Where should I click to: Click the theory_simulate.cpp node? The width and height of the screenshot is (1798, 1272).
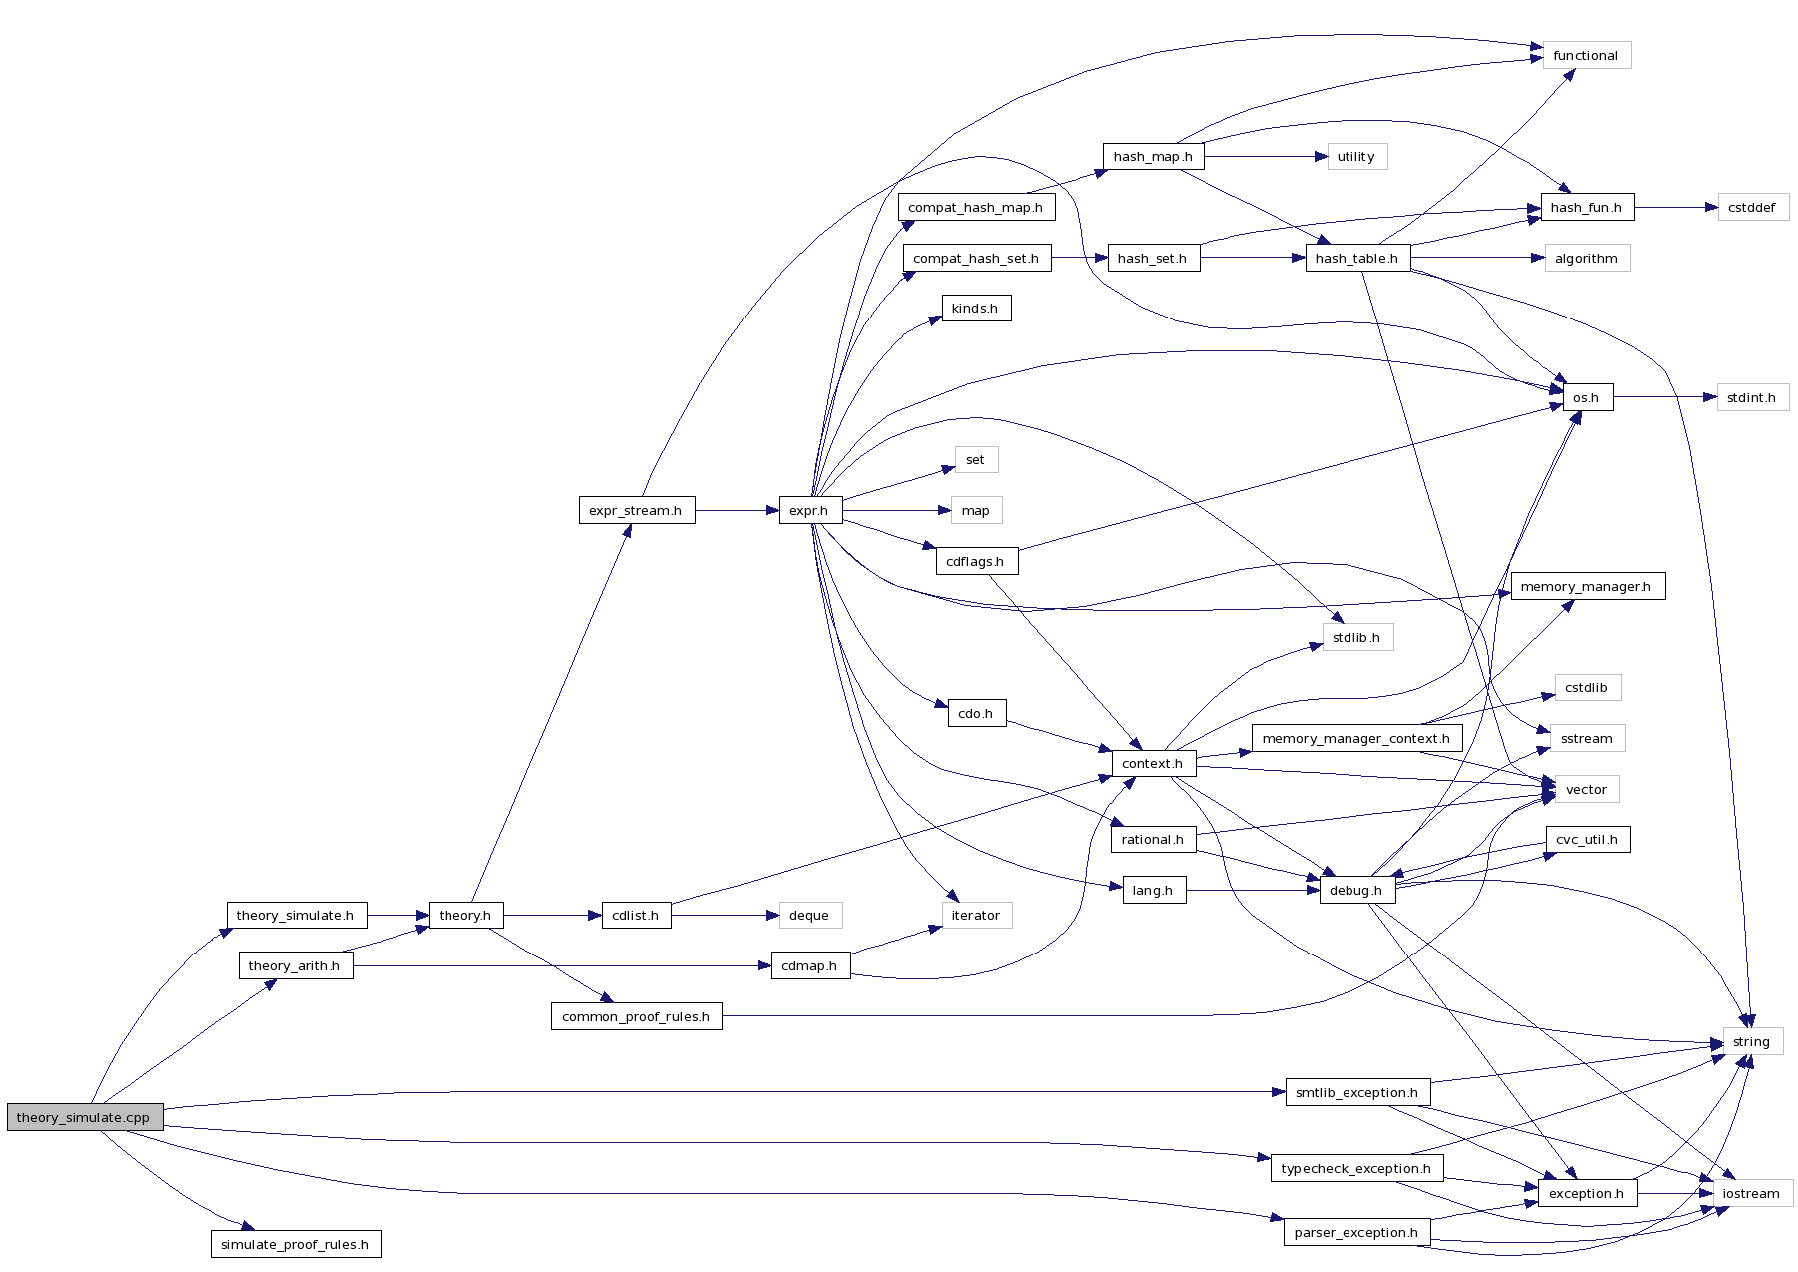coord(84,1117)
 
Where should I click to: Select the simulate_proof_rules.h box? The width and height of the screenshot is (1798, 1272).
coord(295,1244)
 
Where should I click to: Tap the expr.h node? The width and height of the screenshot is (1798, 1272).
coord(809,510)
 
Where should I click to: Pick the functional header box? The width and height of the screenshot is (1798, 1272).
coord(1586,55)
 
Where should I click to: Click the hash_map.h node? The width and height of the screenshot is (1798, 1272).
coord(1153,156)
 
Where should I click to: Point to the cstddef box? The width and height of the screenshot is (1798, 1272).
coord(1752,207)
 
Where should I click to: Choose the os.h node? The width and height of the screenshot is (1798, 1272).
coord(1586,397)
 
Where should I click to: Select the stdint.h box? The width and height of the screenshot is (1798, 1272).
coord(1752,397)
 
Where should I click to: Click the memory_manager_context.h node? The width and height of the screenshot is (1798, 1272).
coord(1356,738)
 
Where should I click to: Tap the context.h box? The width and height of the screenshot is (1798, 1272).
coord(1153,763)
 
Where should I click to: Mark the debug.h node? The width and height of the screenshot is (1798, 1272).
coord(1356,890)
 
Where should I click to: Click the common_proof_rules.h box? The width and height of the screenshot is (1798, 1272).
coord(636,1016)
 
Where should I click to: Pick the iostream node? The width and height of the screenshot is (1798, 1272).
coord(1752,1193)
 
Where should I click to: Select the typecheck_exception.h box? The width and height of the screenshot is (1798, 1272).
coord(1355,1168)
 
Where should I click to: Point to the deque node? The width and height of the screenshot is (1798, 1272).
coord(809,915)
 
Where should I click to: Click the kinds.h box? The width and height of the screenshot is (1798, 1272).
coord(975,308)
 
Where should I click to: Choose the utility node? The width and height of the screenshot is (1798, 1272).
coord(1356,156)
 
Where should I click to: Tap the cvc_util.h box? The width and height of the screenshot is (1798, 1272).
coord(1587,839)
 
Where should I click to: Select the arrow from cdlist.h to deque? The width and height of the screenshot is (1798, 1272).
coord(724,915)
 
